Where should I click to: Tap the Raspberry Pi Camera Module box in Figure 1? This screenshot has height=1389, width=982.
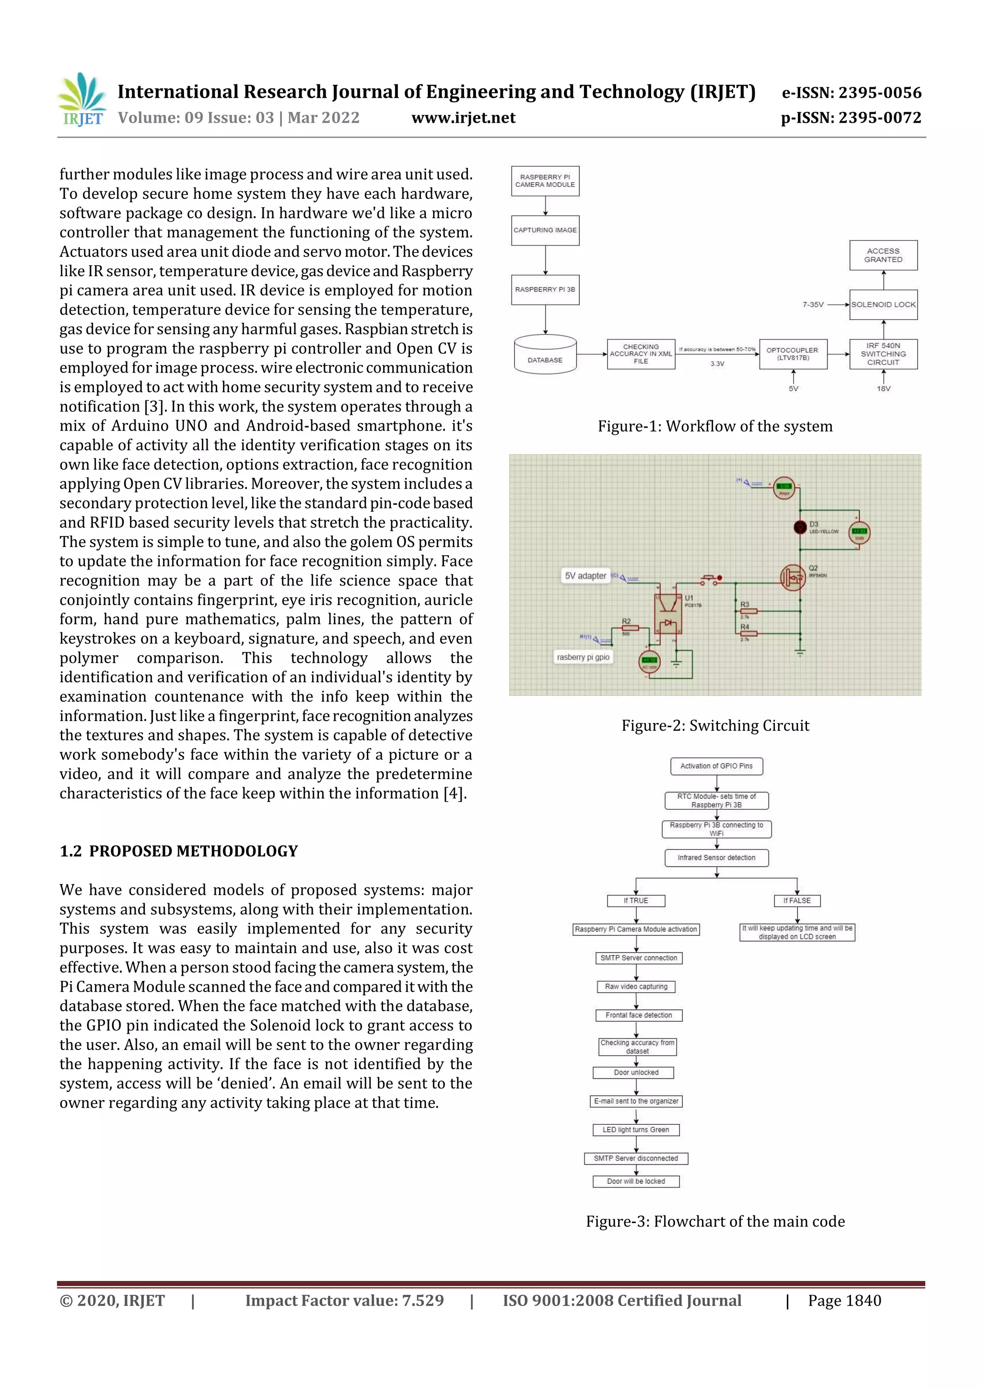tap(545, 181)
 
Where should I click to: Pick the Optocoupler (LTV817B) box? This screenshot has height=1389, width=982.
tap(792, 354)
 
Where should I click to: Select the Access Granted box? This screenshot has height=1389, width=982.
tap(883, 255)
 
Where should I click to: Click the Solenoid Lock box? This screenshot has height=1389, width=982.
tap(883, 304)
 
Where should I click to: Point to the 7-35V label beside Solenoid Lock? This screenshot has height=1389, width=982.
tap(813, 305)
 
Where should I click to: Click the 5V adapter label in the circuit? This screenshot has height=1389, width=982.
tap(585, 576)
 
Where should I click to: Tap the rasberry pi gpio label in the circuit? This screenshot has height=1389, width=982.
tap(583, 657)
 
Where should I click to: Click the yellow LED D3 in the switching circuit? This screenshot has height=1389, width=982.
tap(800, 527)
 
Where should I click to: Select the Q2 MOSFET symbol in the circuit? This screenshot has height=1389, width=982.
tap(792, 578)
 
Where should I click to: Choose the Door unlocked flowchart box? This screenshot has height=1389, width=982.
tap(636, 1073)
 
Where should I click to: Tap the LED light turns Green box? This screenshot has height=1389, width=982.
tap(635, 1130)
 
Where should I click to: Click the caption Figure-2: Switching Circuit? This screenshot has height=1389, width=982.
tap(715, 725)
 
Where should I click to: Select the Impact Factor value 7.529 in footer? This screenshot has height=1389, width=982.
tap(344, 1301)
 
